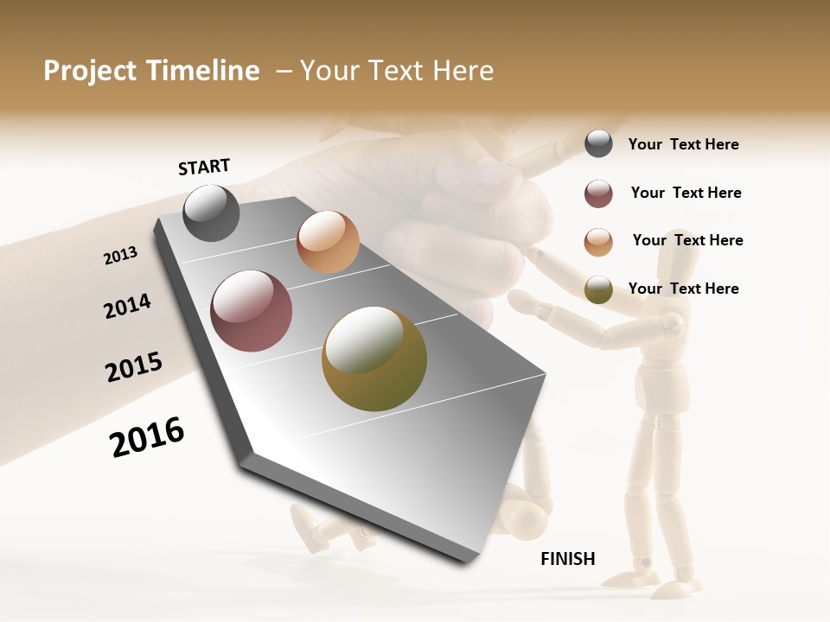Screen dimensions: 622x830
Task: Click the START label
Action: coord(204,167)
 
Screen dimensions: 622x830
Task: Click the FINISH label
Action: coord(568,559)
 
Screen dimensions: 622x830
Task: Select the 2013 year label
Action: coord(121,256)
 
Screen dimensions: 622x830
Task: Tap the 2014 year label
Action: coord(127,306)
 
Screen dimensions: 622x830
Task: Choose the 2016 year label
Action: coord(147,437)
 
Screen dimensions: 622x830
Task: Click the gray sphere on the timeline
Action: coord(212,213)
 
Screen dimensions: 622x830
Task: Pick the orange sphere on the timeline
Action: coord(328,242)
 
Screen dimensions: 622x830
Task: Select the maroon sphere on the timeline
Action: coord(252,311)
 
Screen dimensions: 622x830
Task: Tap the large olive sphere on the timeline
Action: coord(373,359)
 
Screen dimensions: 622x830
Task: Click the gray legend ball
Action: coord(598,143)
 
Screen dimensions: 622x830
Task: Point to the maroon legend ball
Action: coord(598,194)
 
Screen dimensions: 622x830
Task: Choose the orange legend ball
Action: coord(598,242)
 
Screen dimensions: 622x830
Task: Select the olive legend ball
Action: coord(598,289)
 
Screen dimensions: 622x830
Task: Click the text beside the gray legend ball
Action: coord(683,144)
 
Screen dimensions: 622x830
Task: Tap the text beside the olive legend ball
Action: coord(683,289)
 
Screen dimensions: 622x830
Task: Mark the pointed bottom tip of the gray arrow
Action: coord(468,563)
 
